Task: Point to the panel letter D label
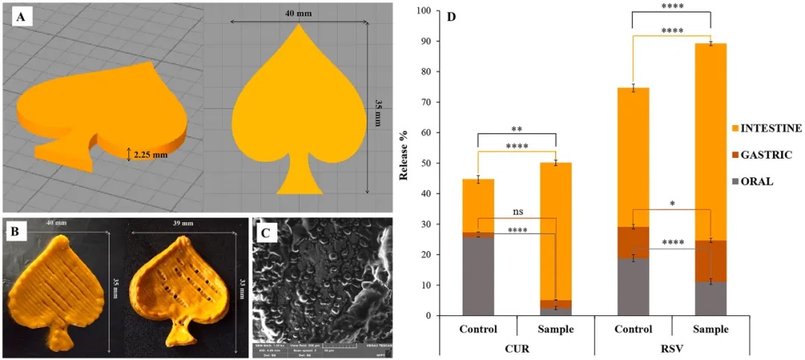451,16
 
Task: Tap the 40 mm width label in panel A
298,13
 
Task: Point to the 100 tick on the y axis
424,11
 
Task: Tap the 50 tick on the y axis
427,163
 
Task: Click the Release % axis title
404,163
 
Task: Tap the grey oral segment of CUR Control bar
478,276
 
